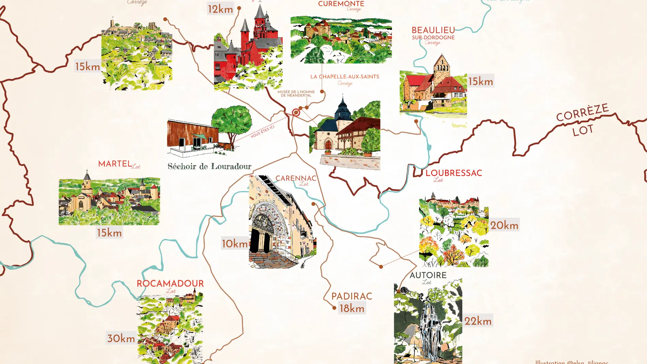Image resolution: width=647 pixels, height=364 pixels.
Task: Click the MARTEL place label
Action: tap(115, 164)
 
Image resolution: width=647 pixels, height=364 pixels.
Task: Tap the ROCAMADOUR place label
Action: tap(170, 284)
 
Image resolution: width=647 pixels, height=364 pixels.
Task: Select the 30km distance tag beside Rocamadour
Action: tap(121, 338)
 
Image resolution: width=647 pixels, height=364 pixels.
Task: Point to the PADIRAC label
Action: tap(352, 296)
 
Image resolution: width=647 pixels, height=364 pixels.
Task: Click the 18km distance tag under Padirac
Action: tap(352, 308)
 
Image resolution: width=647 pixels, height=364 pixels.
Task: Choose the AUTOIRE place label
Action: tap(428, 275)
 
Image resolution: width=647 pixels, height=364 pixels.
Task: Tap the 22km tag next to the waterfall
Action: tap(478, 321)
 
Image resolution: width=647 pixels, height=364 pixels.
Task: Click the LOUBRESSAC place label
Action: tap(453, 173)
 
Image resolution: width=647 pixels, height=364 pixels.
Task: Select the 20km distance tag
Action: tap(504, 225)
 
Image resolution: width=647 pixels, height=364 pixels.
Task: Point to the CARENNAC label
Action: tap(296, 178)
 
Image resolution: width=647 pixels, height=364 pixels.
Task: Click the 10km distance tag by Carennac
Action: tap(235, 244)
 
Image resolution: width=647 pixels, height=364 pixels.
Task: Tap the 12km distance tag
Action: tap(220, 9)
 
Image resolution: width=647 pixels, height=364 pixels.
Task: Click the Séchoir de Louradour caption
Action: tap(209, 166)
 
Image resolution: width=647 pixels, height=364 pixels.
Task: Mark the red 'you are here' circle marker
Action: tap(296, 112)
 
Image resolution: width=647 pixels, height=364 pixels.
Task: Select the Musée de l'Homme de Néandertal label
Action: tap(296, 93)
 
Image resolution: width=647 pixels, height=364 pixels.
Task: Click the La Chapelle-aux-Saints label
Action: tap(344, 77)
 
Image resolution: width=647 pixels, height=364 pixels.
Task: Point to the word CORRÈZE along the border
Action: tap(582, 112)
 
